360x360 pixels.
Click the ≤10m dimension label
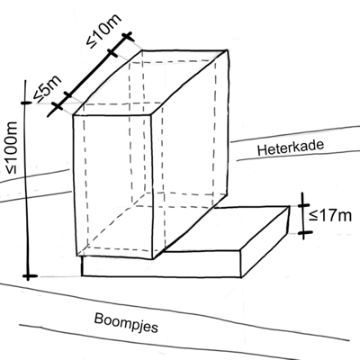click(x=104, y=30)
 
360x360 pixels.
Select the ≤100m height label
click(x=12, y=148)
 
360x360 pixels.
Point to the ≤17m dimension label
click(x=330, y=215)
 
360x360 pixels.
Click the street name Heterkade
click(x=291, y=148)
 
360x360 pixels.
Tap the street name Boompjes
click(x=126, y=323)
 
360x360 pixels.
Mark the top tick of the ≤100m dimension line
click(x=26, y=103)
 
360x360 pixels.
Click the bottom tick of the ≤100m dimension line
click(x=29, y=276)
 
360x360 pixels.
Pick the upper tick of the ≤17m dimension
click(x=303, y=205)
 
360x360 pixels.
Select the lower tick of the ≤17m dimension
click(x=305, y=232)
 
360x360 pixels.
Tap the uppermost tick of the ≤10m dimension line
click(x=128, y=37)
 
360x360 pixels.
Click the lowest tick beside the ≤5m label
click(x=57, y=106)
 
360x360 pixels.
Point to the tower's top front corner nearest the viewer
click(x=151, y=114)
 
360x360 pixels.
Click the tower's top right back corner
click(x=226, y=51)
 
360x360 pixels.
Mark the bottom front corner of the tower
click(x=153, y=259)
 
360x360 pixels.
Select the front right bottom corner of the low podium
click(x=241, y=277)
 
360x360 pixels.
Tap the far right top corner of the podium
click(x=289, y=206)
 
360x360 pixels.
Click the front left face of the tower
click(x=113, y=186)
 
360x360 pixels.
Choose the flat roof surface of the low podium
click(x=228, y=228)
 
